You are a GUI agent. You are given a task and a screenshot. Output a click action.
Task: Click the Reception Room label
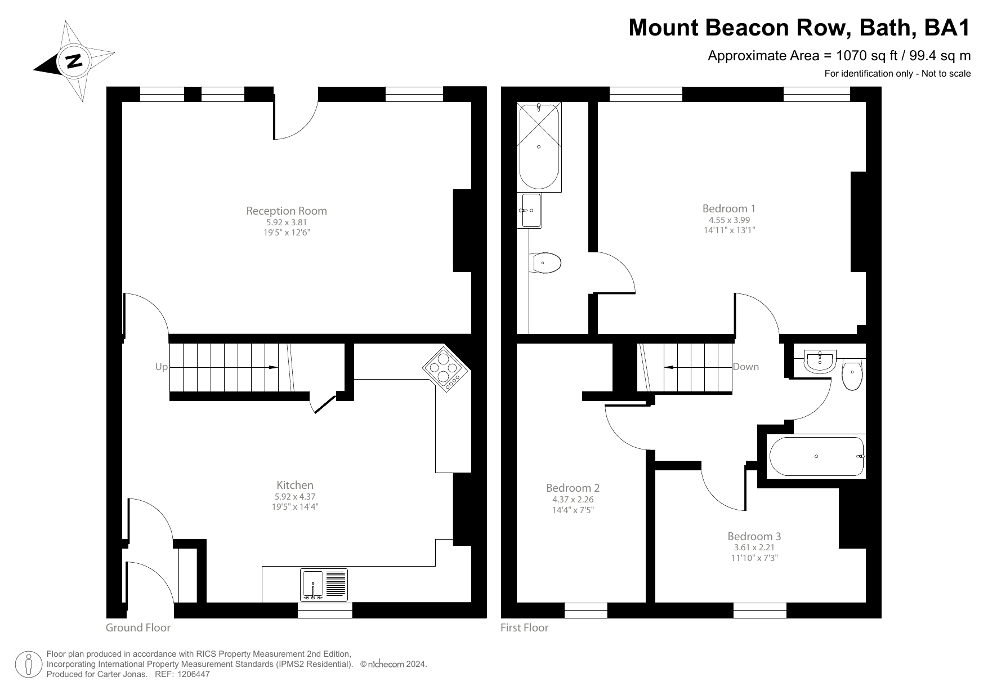[x=286, y=211]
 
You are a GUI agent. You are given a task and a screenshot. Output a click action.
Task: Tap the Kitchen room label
[x=294, y=485]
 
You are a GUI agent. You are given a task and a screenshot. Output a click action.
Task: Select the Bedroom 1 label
[x=729, y=208]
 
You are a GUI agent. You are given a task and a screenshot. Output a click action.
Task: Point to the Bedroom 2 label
[x=573, y=488]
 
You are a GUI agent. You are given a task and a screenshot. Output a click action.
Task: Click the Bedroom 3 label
[x=754, y=536]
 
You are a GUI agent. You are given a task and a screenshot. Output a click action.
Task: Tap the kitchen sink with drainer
[x=325, y=584]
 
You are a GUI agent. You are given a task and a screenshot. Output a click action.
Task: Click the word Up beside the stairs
[x=161, y=367]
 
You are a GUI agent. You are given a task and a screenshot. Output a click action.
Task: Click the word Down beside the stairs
[x=745, y=367]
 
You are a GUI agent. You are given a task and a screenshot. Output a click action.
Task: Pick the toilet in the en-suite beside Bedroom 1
[x=546, y=263]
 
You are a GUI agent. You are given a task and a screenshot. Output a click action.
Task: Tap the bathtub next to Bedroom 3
[x=816, y=456]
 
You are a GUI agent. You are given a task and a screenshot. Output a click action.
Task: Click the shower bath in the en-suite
[x=539, y=146]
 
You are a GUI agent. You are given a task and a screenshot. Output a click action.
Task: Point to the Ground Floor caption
[x=138, y=627]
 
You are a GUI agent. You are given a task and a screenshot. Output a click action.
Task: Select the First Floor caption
[x=524, y=627]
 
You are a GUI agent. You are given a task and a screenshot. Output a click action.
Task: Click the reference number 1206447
[x=194, y=674]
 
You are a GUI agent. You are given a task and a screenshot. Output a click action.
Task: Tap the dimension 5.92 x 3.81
[x=286, y=222]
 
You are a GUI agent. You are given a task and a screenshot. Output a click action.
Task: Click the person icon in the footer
[x=29, y=665]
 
